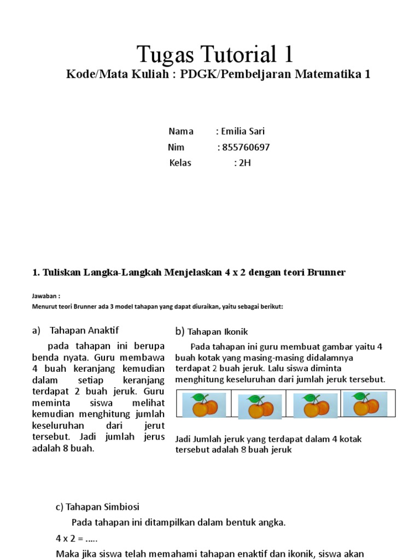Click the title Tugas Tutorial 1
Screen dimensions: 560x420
coord(215,54)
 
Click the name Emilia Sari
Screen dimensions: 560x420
coord(243,131)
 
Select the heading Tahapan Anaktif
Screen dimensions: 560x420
coord(84,330)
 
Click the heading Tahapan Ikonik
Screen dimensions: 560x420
coord(218,331)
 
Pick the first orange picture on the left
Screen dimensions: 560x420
coord(204,405)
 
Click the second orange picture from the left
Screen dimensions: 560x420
coord(260,407)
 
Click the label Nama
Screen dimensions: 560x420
coord(180,131)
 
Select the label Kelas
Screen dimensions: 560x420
coord(180,163)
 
